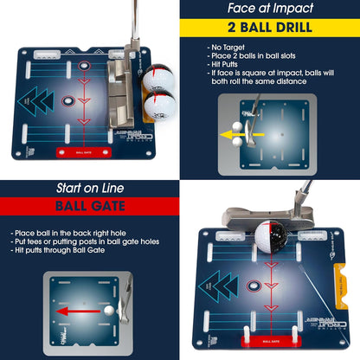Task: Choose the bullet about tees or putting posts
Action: (x=87, y=243)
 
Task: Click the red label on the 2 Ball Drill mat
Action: (x=85, y=151)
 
